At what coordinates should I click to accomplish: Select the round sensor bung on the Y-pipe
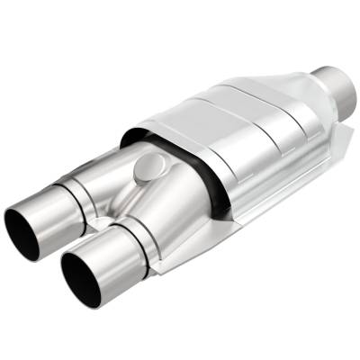[x=149, y=167]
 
